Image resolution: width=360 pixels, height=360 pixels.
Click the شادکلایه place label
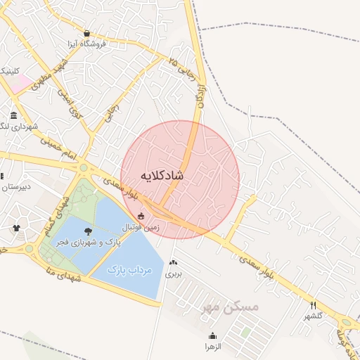click(162, 174)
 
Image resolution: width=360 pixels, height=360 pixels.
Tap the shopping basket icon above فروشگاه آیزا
click(86, 33)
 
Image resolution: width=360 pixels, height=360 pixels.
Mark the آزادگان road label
click(200, 94)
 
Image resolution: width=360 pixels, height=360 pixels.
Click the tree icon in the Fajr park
click(87, 231)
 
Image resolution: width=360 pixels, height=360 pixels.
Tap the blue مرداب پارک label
click(124, 269)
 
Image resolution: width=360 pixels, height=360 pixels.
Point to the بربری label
click(173, 275)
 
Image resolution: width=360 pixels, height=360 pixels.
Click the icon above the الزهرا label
click(212, 335)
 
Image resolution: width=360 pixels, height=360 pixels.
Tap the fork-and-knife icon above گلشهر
click(314, 305)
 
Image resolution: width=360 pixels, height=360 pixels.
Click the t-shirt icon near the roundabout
click(16, 228)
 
